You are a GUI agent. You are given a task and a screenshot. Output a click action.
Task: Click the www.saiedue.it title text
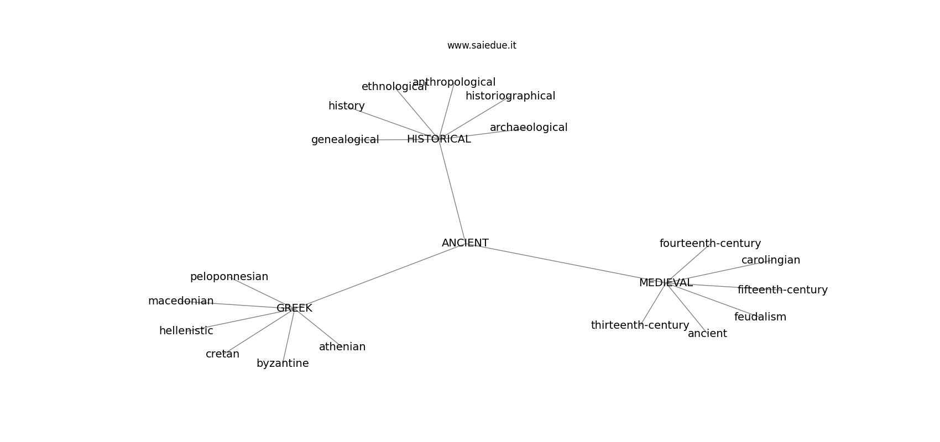pyautogui.click(x=482, y=45)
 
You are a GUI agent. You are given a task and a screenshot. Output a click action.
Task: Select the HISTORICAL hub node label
pyautogui.click(x=439, y=139)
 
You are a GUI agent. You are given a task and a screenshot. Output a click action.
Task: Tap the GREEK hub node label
pyautogui.click(x=294, y=308)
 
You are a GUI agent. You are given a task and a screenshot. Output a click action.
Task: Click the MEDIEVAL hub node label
pyautogui.click(x=666, y=283)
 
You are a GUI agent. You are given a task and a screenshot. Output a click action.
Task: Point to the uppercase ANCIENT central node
pyautogui.click(x=465, y=243)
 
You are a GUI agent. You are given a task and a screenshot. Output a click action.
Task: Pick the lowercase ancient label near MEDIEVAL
pyautogui.click(x=707, y=334)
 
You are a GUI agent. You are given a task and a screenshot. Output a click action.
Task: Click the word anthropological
pyautogui.click(x=454, y=82)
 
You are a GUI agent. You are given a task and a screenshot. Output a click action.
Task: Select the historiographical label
pyautogui.click(x=510, y=96)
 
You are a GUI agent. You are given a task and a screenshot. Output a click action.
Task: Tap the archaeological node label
pyautogui.click(x=529, y=128)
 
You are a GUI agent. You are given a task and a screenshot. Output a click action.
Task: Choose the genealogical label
pyautogui.click(x=345, y=140)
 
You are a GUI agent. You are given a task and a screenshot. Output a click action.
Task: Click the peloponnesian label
pyautogui.click(x=229, y=277)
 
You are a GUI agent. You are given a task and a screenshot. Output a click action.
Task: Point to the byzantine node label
pyautogui.click(x=283, y=364)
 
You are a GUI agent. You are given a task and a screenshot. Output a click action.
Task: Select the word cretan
pyautogui.click(x=222, y=354)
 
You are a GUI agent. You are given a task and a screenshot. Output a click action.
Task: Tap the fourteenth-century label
pyautogui.click(x=710, y=244)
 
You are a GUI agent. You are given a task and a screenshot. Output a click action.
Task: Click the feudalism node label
pyautogui.click(x=760, y=317)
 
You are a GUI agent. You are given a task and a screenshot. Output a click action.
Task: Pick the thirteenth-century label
pyautogui.click(x=640, y=325)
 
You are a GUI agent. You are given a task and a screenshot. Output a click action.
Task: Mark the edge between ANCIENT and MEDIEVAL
pyautogui.click(x=565, y=263)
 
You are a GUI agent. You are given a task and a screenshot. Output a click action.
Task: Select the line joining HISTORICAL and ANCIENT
pyautogui.click(x=452, y=191)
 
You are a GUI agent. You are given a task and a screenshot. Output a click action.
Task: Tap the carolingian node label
pyautogui.click(x=770, y=260)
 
